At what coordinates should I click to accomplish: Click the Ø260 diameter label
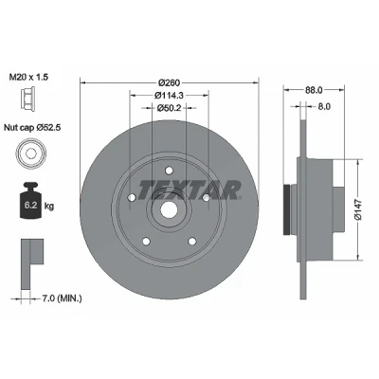click(x=169, y=82)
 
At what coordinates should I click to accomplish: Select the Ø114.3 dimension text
click(x=169, y=95)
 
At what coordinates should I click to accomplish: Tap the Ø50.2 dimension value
click(x=169, y=108)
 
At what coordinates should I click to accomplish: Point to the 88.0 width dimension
click(x=314, y=90)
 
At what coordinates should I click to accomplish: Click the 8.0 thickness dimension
click(x=324, y=107)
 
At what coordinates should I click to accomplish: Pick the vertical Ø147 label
click(x=357, y=209)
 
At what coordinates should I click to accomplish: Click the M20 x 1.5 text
click(x=28, y=77)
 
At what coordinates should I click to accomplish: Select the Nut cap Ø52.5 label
click(x=32, y=128)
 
